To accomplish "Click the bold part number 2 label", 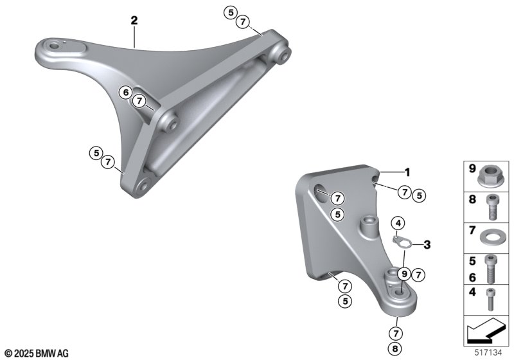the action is coord(134,21).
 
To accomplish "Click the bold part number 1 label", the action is coord(407,172).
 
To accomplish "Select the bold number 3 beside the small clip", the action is coord(427,244).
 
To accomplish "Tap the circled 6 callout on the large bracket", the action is coord(125,93).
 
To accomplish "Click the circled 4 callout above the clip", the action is coord(398,224).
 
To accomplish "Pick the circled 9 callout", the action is coord(404,273).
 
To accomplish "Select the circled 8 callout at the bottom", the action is coord(395,348).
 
